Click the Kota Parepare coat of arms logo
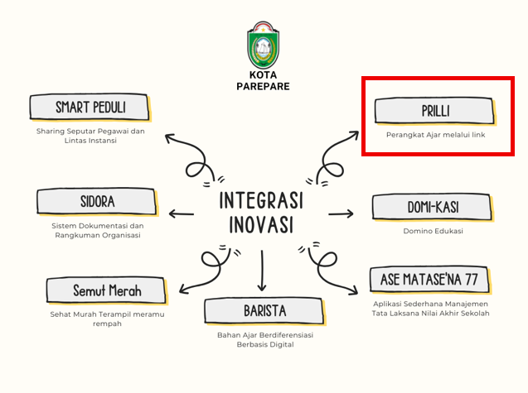point(263,45)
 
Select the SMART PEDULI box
point(90,108)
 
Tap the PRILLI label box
point(435,111)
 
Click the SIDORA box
point(97,202)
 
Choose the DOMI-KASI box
point(433,207)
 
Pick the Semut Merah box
point(107,290)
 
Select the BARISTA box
point(265,311)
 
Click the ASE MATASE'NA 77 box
point(430,280)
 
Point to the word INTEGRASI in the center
point(261,200)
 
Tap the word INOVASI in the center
point(261,224)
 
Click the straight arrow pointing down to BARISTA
point(262,271)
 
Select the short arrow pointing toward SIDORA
point(182,213)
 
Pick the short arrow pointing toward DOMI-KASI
point(341,213)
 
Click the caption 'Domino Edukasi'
point(433,231)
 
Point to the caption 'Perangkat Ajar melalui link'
point(435,135)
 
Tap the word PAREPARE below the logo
point(263,86)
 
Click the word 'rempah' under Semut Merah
point(107,324)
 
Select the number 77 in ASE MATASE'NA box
point(472,280)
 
